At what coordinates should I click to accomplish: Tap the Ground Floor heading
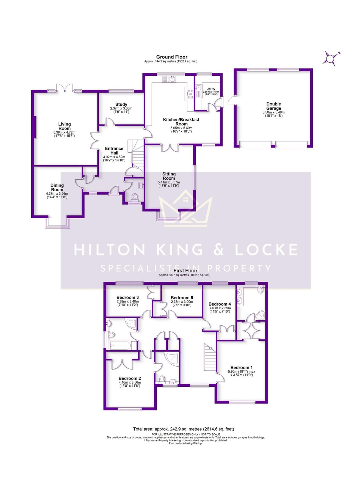coord(172,57)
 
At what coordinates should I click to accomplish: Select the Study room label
coord(121,105)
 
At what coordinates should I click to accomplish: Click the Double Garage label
coord(273,106)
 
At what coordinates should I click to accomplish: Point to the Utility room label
coord(211,89)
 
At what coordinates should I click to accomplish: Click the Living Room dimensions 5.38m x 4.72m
coord(64,132)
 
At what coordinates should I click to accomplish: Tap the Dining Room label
coord(57,187)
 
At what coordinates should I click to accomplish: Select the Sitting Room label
coord(169,176)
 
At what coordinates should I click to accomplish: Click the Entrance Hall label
coord(114,151)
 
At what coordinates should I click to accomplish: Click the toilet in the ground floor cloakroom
coord(135,197)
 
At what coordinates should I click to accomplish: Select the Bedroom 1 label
coord(241,367)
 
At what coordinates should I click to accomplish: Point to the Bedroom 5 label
coord(182,298)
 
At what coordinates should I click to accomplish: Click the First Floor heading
coord(185,271)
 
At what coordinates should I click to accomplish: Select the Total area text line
coord(184,429)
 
